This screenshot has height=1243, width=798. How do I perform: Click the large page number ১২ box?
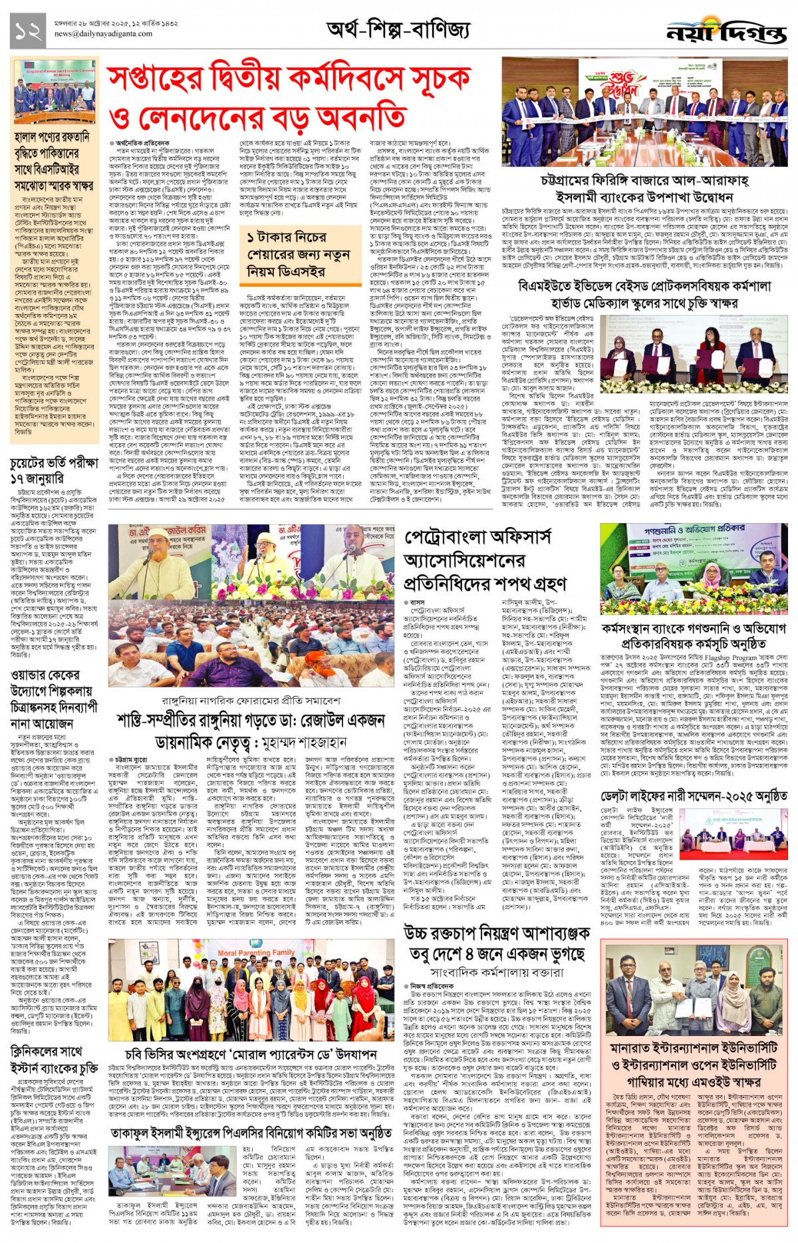[x=29, y=31]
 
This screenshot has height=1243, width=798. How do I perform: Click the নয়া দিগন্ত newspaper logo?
[x=726, y=31]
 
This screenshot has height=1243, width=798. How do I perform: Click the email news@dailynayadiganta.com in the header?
[x=103, y=34]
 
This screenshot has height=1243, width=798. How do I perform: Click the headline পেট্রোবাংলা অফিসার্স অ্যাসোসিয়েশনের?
[x=485, y=560]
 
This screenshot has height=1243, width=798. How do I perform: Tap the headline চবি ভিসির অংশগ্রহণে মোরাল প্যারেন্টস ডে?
[x=251, y=1054]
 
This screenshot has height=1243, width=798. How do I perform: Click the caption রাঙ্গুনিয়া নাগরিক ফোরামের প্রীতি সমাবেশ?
[x=251, y=701]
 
